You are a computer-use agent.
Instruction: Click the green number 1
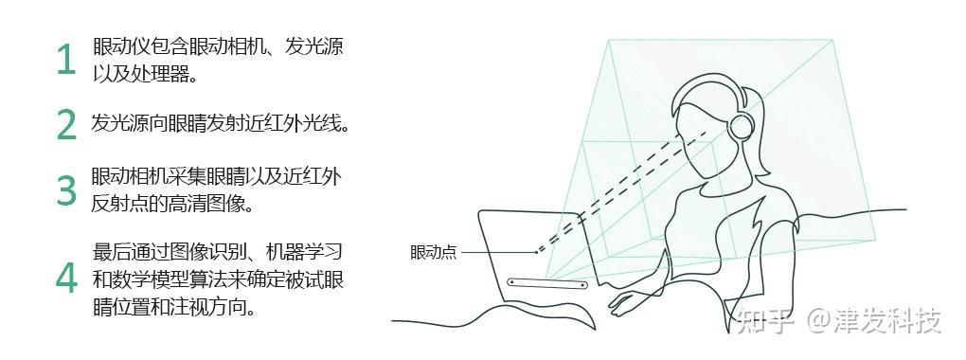coord(65,60)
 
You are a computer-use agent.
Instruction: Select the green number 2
coord(65,124)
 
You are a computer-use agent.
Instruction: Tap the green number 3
coord(65,189)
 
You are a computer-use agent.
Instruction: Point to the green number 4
coord(65,278)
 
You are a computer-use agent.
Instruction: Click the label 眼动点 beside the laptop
coord(433,252)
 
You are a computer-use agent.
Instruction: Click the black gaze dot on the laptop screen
coord(536,252)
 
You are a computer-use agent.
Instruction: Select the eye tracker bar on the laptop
coord(547,283)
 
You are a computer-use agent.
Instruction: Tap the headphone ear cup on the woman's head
coord(742,126)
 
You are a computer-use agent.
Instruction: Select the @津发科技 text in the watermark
coord(871,322)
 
